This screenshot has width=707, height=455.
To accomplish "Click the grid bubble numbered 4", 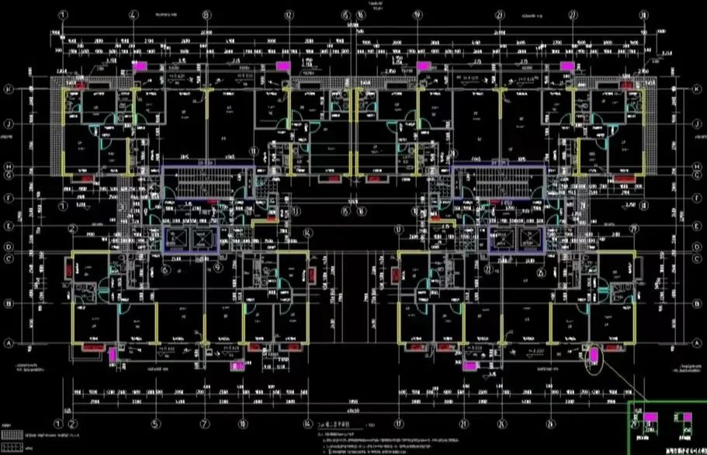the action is coord(134,15).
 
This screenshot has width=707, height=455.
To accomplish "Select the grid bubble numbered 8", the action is coord(206,15).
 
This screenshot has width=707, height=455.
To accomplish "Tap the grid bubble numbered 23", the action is coord(501,15).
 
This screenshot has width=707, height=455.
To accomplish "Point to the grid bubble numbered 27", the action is coord(573,15).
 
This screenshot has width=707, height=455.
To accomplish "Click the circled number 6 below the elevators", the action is coord(166,269).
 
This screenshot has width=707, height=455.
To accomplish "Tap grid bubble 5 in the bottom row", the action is coord(155,424).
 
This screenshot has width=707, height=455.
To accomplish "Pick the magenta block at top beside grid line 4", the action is coord(141,67).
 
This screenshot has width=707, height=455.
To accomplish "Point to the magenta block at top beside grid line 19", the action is coord(424,67).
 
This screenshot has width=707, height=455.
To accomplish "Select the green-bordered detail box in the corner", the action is coord(667,428).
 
